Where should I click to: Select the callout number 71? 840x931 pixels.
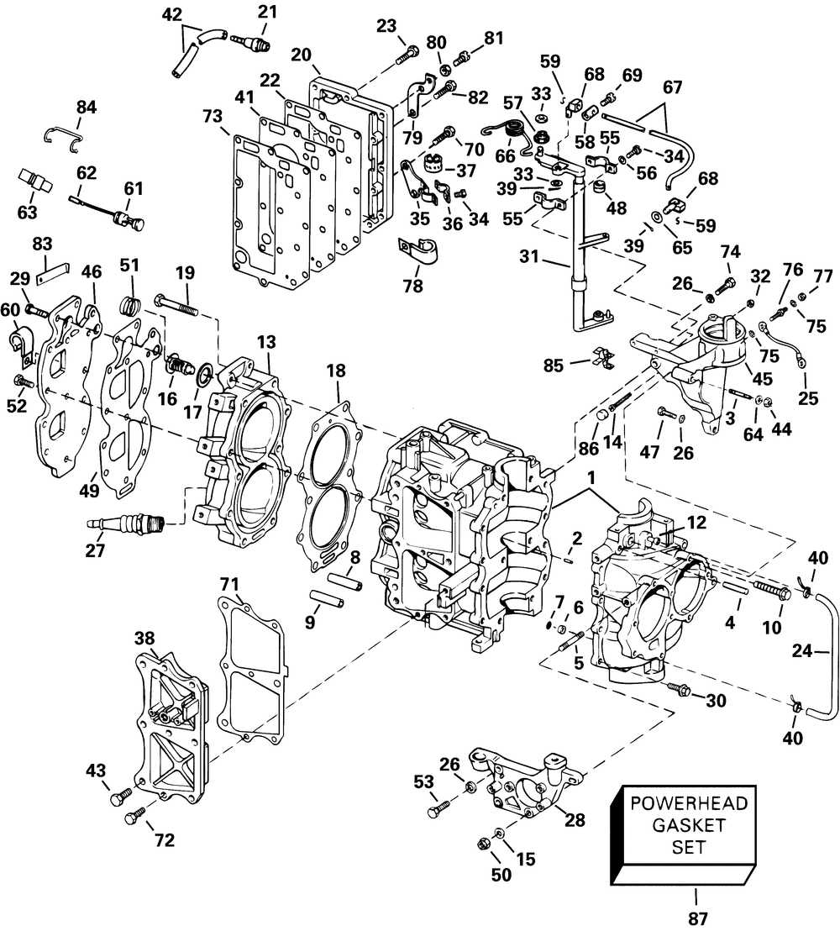229,582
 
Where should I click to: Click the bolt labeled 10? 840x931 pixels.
771,592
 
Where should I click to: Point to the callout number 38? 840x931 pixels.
145,613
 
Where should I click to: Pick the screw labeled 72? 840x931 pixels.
133,815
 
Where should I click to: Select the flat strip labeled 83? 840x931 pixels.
56,273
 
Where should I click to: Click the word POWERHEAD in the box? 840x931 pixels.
688,803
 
